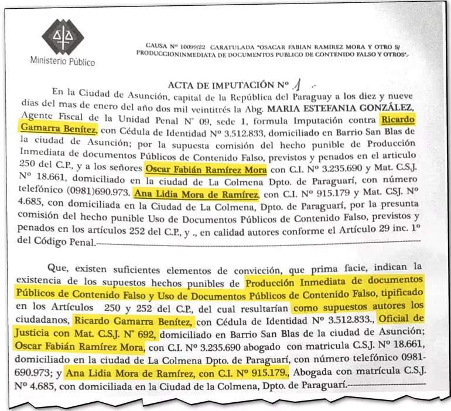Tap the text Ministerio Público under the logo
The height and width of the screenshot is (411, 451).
click(63, 61)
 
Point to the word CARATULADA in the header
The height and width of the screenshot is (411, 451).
click(233, 46)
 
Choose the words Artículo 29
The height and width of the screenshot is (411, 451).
click(364, 229)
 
